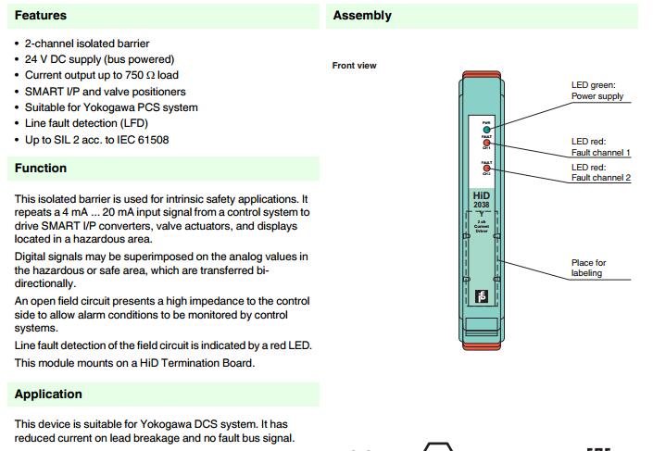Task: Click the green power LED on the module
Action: [x=486, y=128]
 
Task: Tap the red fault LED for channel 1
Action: [x=486, y=144]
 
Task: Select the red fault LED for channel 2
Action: [x=486, y=169]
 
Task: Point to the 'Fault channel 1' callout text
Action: [x=600, y=152]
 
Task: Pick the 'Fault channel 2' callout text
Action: [x=600, y=178]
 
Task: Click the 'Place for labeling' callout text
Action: [x=588, y=268]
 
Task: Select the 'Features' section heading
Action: [x=41, y=16]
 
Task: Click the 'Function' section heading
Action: [x=41, y=168]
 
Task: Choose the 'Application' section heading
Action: [x=48, y=394]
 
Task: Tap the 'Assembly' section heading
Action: [x=362, y=16]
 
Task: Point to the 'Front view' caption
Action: [x=354, y=66]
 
